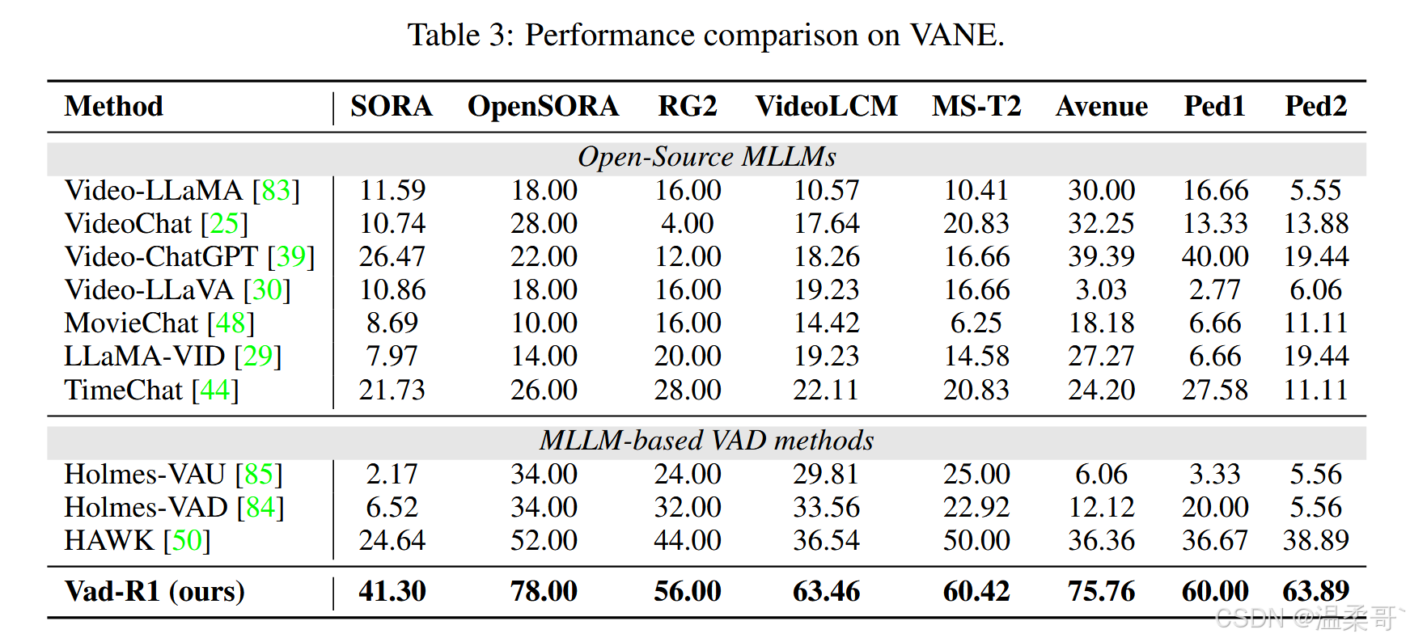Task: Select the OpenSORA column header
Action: (543, 106)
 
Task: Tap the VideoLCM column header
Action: (826, 106)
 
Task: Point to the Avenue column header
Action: (1101, 106)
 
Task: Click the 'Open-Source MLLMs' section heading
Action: (706, 156)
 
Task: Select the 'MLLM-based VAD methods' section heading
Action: (706, 440)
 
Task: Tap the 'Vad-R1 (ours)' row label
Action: (155, 591)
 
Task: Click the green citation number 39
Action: (291, 256)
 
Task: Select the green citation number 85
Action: (259, 474)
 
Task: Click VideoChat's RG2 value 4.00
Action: (688, 223)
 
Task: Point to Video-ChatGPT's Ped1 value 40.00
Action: (1215, 256)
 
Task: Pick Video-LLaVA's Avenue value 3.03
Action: (1101, 289)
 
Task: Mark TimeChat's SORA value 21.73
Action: (392, 390)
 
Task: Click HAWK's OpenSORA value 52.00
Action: (544, 540)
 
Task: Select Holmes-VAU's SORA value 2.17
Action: (392, 474)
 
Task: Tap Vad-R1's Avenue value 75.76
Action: (1101, 591)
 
